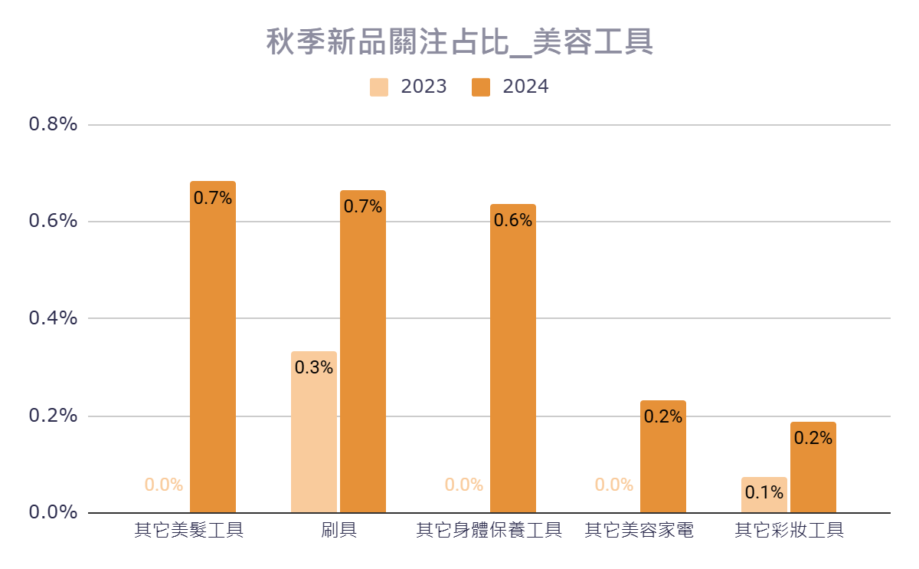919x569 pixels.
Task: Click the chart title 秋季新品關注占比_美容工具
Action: click(x=459, y=42)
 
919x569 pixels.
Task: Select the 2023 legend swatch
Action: click(x=379, y=87)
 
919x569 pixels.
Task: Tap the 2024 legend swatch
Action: click(x=481, y=87)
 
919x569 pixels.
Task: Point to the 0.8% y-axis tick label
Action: click(x=53, y=124)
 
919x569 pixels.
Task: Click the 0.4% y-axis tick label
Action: click(x=53, y=318)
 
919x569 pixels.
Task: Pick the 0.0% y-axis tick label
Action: click(x=53, y=512)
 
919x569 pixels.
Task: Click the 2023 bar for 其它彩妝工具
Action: click(x=764, y=495)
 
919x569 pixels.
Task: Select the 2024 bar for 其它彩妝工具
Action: click(x=813, y=467)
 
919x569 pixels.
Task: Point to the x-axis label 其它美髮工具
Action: click(x=188, y=531)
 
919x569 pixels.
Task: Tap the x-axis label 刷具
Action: click(x=338, y=531)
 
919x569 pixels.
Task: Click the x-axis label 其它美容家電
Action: click(x=639, y=531)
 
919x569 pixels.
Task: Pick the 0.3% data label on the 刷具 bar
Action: click(x=314, y=367)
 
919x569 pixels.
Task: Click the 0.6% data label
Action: click(x=513, y=221)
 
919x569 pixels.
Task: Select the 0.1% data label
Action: click(x=764, y=493)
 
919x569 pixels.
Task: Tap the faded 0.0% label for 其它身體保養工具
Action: click(x=464, y=485)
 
